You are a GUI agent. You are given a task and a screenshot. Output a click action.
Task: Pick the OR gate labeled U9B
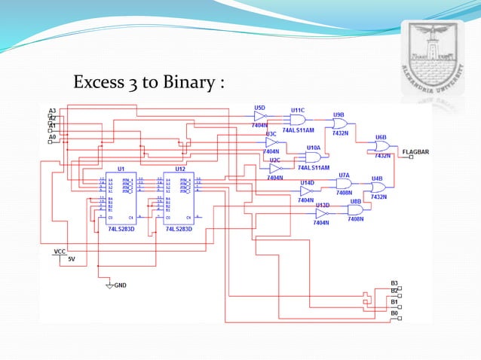click(339, 124)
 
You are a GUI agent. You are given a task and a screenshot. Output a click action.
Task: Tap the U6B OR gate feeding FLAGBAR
click(381, 147)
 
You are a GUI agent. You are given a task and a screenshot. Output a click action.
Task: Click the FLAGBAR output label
click(415, 152)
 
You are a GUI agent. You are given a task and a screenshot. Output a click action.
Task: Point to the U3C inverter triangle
click(272, 142)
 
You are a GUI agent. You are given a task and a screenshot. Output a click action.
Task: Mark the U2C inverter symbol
click(275, 169)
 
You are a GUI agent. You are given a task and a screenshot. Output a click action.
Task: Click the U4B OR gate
click(377, 187)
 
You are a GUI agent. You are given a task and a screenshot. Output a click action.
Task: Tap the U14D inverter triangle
click(305, 191)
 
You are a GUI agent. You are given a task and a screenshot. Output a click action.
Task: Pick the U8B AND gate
click(354, 210)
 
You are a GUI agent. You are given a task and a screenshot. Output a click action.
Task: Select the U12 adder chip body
click(179, 197)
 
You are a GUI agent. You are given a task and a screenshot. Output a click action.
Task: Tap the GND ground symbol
click(110, 285)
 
